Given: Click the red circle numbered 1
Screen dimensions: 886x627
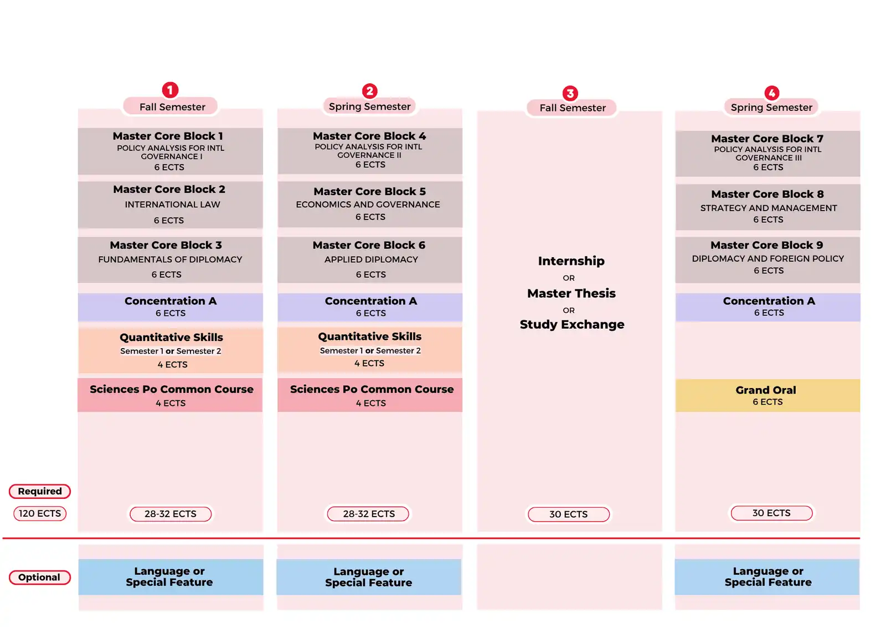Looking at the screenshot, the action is tap(170, 90).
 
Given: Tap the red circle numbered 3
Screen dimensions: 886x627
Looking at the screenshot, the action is tap(570, 93).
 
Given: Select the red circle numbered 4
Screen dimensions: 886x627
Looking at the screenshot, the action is tap(772, 93).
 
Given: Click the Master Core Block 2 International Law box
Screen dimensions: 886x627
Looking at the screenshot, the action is tap(170, 205).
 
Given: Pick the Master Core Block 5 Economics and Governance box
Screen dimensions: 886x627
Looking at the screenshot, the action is tap(370, 205).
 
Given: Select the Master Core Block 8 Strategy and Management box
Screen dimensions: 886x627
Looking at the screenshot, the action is tap(767, 207).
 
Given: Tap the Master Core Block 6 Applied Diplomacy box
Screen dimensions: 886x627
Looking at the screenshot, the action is tap(370, 259).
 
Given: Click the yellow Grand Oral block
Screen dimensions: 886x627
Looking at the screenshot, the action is tap(767, 395).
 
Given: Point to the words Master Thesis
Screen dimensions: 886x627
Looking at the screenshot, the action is tap(571, 293).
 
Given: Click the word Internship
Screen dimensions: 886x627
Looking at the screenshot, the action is tap(571, 261).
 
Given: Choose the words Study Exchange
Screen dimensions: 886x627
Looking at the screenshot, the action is tap(572, 324).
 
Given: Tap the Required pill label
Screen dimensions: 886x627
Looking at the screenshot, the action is tap(40, 491).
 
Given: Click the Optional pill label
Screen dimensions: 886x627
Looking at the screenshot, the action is tap(40, 577).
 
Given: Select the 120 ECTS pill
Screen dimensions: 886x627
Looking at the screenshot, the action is tap(40, 513).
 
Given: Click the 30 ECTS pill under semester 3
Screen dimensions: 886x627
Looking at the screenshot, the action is tap(569, 514).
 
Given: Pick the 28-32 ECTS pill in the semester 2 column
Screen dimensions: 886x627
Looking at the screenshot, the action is tap(368, 514).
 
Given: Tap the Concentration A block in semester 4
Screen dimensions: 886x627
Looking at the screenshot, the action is tap(767, 307).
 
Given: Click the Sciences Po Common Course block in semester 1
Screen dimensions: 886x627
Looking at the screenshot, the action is tap(170, 395).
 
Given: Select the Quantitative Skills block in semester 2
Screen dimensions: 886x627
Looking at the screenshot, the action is tap(370, 349).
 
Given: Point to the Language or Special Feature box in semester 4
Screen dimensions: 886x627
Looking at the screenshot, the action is tap(767, 577).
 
